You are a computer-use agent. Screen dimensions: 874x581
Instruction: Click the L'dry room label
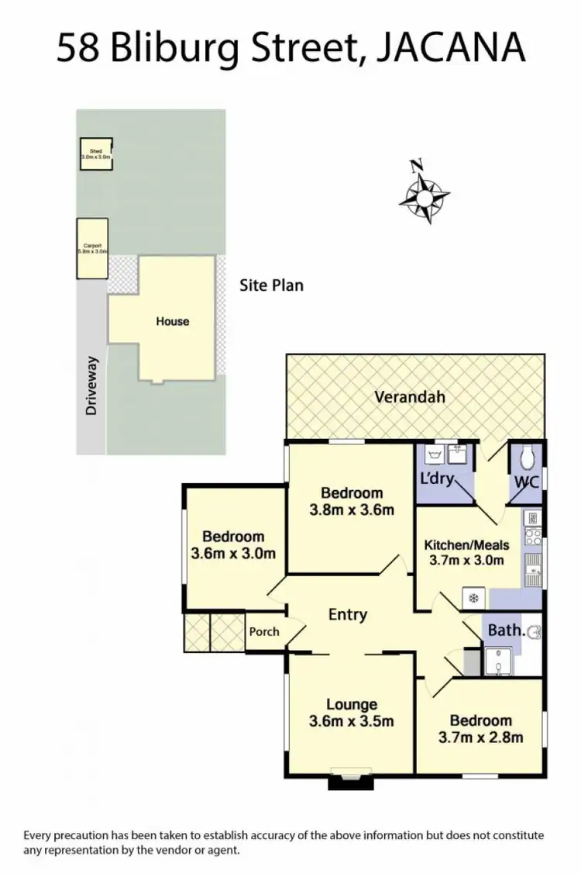coord(436,478)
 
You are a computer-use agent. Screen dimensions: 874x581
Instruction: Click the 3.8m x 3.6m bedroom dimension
coord(352,510)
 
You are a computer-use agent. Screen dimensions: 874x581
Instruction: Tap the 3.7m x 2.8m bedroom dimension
coord(481,737)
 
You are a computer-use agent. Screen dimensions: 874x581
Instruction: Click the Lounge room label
coord(352,704)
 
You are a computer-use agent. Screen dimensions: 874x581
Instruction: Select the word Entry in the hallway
coord(347,614)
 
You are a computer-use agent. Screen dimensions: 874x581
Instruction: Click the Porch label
coord(264,631)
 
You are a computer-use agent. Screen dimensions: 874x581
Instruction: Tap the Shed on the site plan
coord(96,154)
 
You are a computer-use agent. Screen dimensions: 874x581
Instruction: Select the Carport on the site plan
coord(91,248)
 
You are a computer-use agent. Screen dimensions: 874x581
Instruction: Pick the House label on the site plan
coord(172,321)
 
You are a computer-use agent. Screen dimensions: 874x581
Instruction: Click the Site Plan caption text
coord(270,285)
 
